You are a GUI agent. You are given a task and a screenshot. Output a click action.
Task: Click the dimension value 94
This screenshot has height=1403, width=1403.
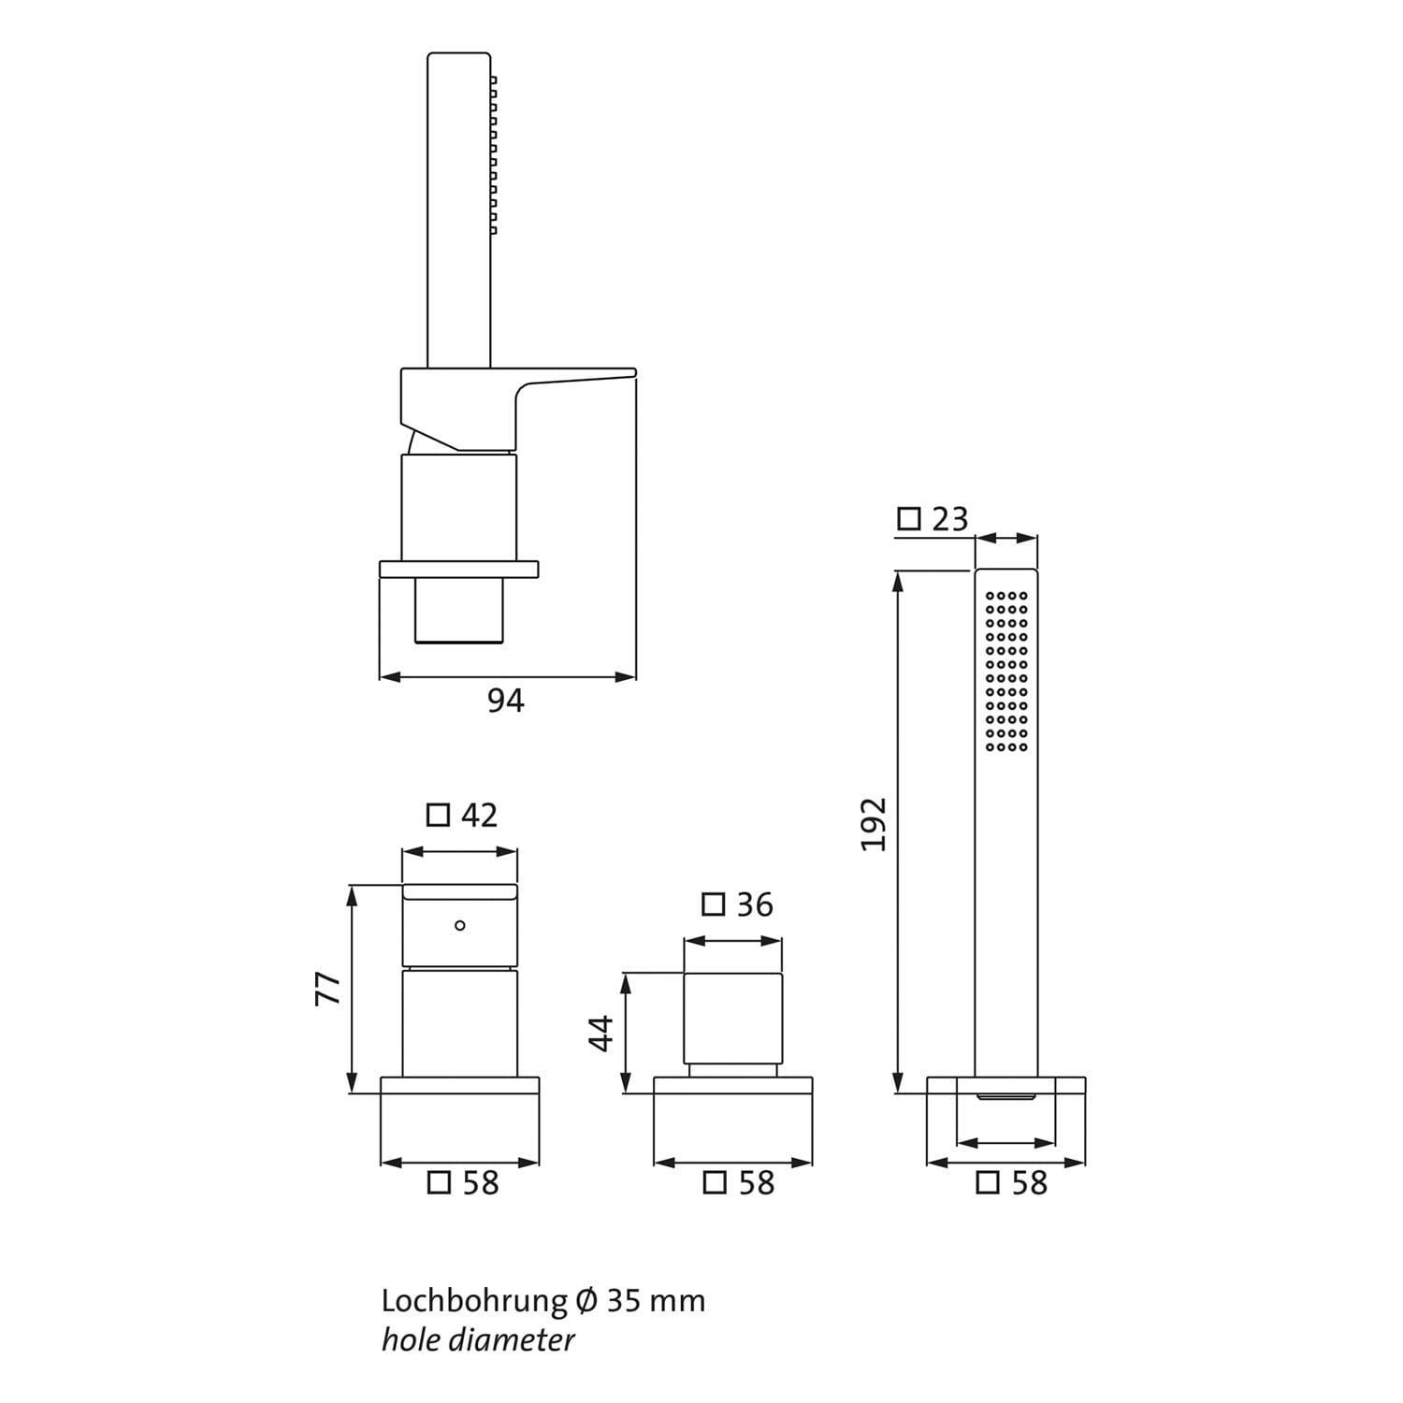506,701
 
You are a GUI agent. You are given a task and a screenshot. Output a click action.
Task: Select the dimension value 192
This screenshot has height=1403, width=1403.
874,824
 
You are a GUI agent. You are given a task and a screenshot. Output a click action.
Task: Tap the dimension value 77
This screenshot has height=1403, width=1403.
328,988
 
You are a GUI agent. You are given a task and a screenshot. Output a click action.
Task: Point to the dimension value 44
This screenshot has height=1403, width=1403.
600,1033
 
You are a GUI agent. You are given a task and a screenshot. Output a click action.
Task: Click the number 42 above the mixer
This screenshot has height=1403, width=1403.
480,816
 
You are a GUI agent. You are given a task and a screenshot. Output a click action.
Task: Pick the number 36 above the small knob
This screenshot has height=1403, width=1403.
755,904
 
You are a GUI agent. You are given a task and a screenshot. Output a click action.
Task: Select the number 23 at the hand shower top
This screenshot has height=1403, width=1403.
949,519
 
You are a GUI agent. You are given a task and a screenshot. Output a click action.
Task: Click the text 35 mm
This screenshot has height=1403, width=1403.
657,1301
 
